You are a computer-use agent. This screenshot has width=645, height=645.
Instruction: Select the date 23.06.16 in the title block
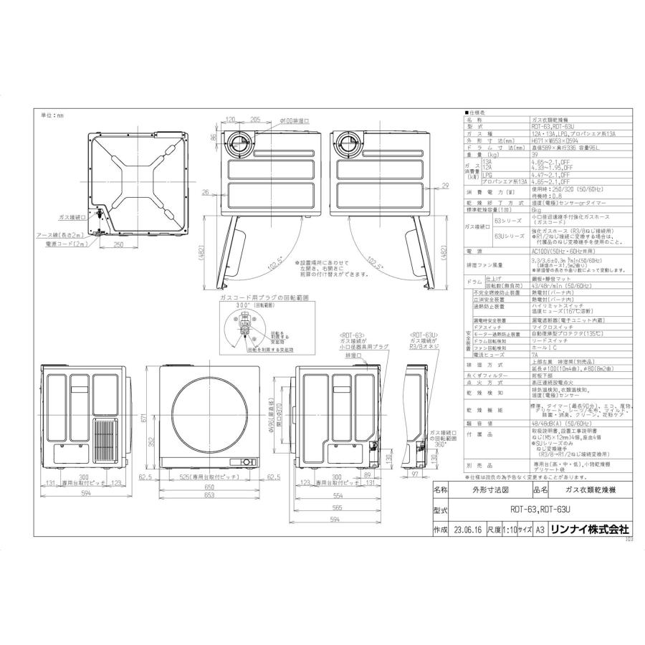467,530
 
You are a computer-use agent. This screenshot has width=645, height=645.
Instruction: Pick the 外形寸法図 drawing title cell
489,490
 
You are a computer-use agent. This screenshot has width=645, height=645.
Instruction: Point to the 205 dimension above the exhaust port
256,121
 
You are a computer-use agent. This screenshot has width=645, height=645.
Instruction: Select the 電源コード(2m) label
62,244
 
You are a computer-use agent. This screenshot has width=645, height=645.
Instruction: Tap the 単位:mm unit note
52,115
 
